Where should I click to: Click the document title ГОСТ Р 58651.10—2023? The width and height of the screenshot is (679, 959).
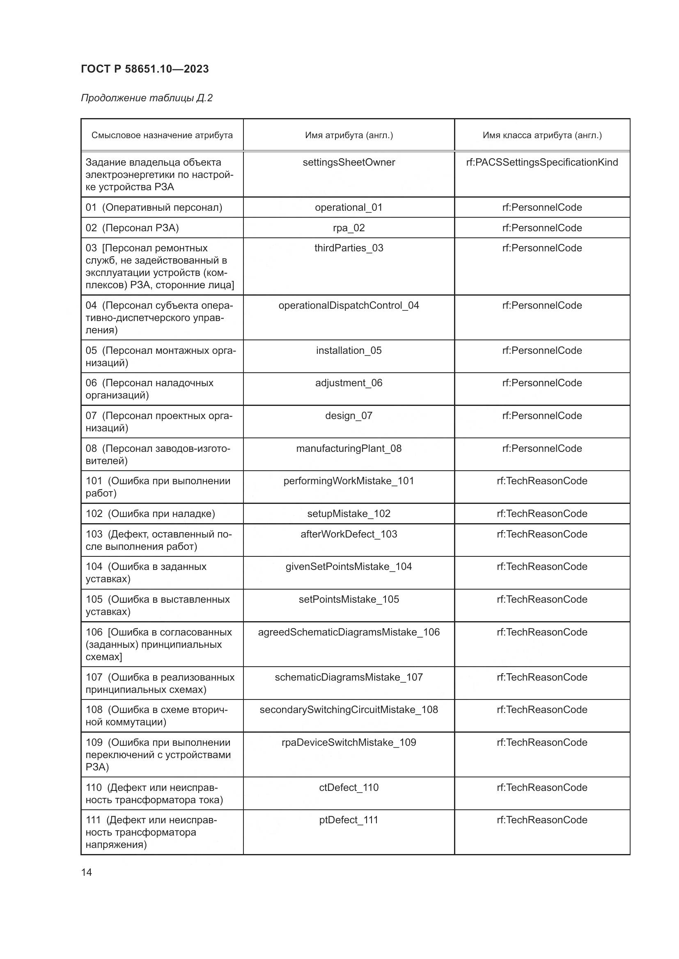[145, 69]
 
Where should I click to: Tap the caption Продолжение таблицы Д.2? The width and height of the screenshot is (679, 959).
[147, 98]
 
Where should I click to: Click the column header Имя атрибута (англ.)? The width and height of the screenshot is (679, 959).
[349, 135]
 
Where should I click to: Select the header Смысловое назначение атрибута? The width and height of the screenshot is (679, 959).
[162, 135]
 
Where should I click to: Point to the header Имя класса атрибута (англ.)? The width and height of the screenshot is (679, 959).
[542, 135]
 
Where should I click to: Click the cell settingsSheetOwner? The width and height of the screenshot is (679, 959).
[349, 162]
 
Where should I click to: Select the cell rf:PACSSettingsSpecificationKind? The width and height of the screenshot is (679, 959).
[542, 162]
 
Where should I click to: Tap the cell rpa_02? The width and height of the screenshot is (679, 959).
[349, 228]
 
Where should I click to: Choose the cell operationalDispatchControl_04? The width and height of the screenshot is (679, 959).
[349, 306]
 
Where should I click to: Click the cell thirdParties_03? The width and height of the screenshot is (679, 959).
[349, 248]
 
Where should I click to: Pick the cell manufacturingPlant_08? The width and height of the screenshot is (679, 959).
[349, 449]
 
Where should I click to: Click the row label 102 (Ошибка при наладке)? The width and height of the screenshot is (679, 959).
[151, 514]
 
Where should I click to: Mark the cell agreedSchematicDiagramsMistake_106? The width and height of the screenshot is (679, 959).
[349, 632]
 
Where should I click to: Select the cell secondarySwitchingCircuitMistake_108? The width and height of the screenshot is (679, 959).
[349, 710]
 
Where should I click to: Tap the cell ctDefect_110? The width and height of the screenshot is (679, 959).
[349, 788]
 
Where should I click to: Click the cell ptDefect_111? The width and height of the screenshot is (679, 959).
[349, 820]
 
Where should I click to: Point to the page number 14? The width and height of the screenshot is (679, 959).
[87, 872]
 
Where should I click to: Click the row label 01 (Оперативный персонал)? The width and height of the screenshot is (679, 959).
[154, 207]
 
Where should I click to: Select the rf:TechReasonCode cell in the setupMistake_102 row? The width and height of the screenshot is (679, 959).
[542, 514]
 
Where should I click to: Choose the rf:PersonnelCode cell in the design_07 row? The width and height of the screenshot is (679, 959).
[542, 416]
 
